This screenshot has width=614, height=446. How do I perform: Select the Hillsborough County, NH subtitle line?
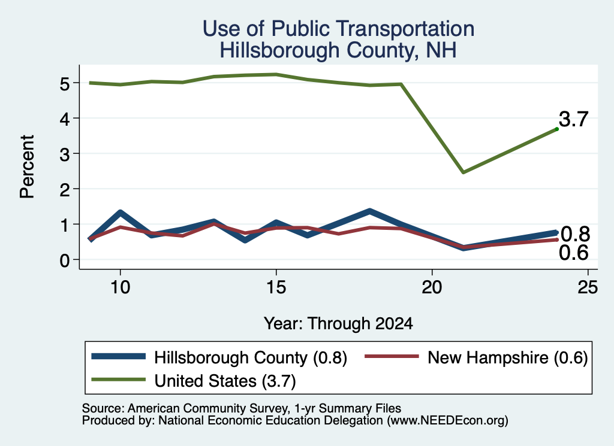[x=338, y=51]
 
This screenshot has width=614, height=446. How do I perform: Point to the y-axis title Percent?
[x=27, y=167]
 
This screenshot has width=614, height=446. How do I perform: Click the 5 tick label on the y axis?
[x=65, y=83]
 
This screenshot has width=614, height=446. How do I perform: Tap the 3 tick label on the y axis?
[x=65, y=154]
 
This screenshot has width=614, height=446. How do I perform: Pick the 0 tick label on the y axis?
[x=65, y=260]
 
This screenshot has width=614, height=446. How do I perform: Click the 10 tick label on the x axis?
[x=120, y=287]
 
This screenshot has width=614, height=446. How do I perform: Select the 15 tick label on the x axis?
[x=276, y=287]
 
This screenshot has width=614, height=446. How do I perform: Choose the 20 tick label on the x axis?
[x=432, y=287]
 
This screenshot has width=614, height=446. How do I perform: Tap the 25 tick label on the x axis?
[x=588, y=287]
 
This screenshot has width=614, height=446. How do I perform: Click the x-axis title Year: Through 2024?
[x=338, y=324]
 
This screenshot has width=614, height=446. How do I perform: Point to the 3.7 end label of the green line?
[x=573, y=119]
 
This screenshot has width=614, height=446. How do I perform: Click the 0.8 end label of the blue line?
[x=575, y=234]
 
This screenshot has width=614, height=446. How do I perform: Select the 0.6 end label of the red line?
[x=573, y=253]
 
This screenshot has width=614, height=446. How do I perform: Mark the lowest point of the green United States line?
[x=463, y=172]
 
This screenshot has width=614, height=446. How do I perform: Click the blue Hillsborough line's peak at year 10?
[x=120, y=213]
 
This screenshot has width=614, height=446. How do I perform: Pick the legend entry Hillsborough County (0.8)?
[x=219, y=357]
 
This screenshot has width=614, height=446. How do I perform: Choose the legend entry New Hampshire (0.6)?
[x=476, y=357]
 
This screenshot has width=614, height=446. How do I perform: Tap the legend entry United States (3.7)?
[x=194, y=381]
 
